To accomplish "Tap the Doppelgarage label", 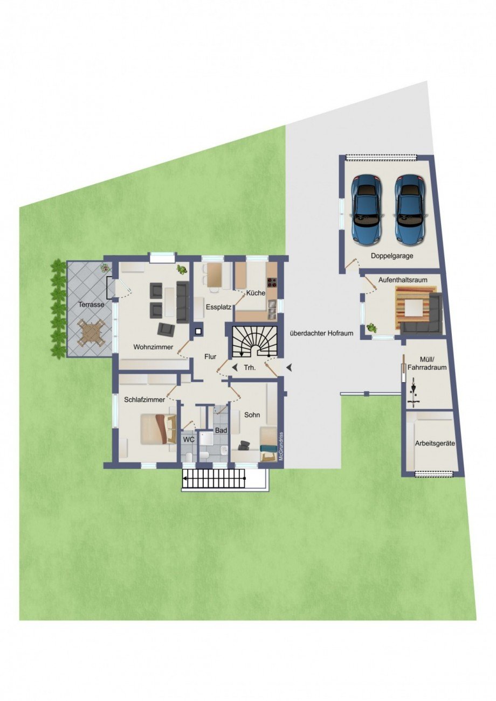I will coord(392,256).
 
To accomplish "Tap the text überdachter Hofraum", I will coord(321,333).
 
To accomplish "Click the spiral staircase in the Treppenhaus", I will coord(254,341).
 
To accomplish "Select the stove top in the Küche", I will coord(271,283).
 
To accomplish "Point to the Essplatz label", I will coord(218,307).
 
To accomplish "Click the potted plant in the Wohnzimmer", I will coord(182,270).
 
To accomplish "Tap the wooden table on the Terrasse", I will coord(91,332).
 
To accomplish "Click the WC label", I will coord(189,440).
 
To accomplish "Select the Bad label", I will coord(221,431).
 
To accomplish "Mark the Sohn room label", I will coord(252,415).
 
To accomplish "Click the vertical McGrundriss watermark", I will coord(281,446).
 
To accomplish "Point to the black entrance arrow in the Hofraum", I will coord(290,367).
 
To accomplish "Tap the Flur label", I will coord(210,356).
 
